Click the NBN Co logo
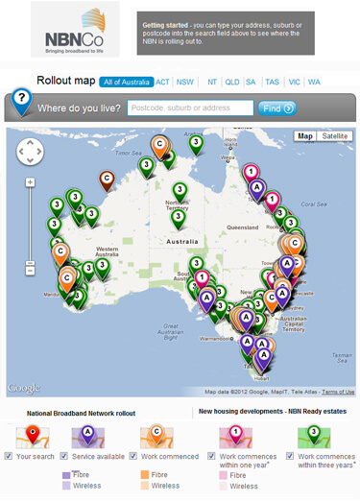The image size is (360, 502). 74,29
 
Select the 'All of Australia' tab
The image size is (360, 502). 125,83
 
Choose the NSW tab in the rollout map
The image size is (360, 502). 185,83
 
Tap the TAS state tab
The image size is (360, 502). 273,83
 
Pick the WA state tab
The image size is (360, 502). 314,83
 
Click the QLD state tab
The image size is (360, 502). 231,83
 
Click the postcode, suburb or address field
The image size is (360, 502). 190,108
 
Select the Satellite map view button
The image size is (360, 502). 335,136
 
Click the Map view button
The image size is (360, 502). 305,136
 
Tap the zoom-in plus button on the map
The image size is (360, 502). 30,181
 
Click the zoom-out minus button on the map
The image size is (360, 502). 30,271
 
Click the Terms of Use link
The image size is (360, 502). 338,392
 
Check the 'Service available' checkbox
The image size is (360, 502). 63,457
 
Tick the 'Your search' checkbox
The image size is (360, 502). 9,457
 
